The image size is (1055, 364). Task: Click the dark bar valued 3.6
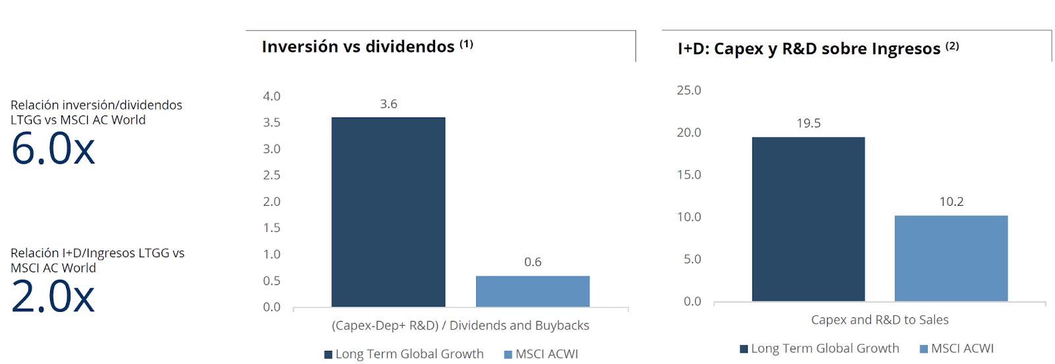(x=388, y=212)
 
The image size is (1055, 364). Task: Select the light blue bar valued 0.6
(x=532, y=291)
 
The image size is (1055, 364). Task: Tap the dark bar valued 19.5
(x=808, y=219)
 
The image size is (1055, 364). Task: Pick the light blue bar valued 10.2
(x=951, y=258)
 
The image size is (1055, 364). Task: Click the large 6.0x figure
(x=53, y=149)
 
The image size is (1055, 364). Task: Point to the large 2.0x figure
(x=53, y=297)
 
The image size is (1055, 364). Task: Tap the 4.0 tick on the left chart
(x=272, y=96)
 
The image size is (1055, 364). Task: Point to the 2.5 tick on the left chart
(x=272, y=175)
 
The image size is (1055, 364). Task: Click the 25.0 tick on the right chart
(x=688, y=90)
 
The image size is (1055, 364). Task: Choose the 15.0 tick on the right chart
(x=688, y=175)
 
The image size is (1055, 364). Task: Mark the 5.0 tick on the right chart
(x=692, y=259)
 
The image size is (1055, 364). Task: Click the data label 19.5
(x=808, y=123)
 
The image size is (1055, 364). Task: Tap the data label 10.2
(x=951, y=202)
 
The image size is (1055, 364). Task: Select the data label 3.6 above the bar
(x=388, y=104)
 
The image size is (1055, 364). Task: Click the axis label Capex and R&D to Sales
(x=880, y=320)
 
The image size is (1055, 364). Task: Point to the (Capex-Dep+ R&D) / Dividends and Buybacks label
(x=460, y=326)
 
